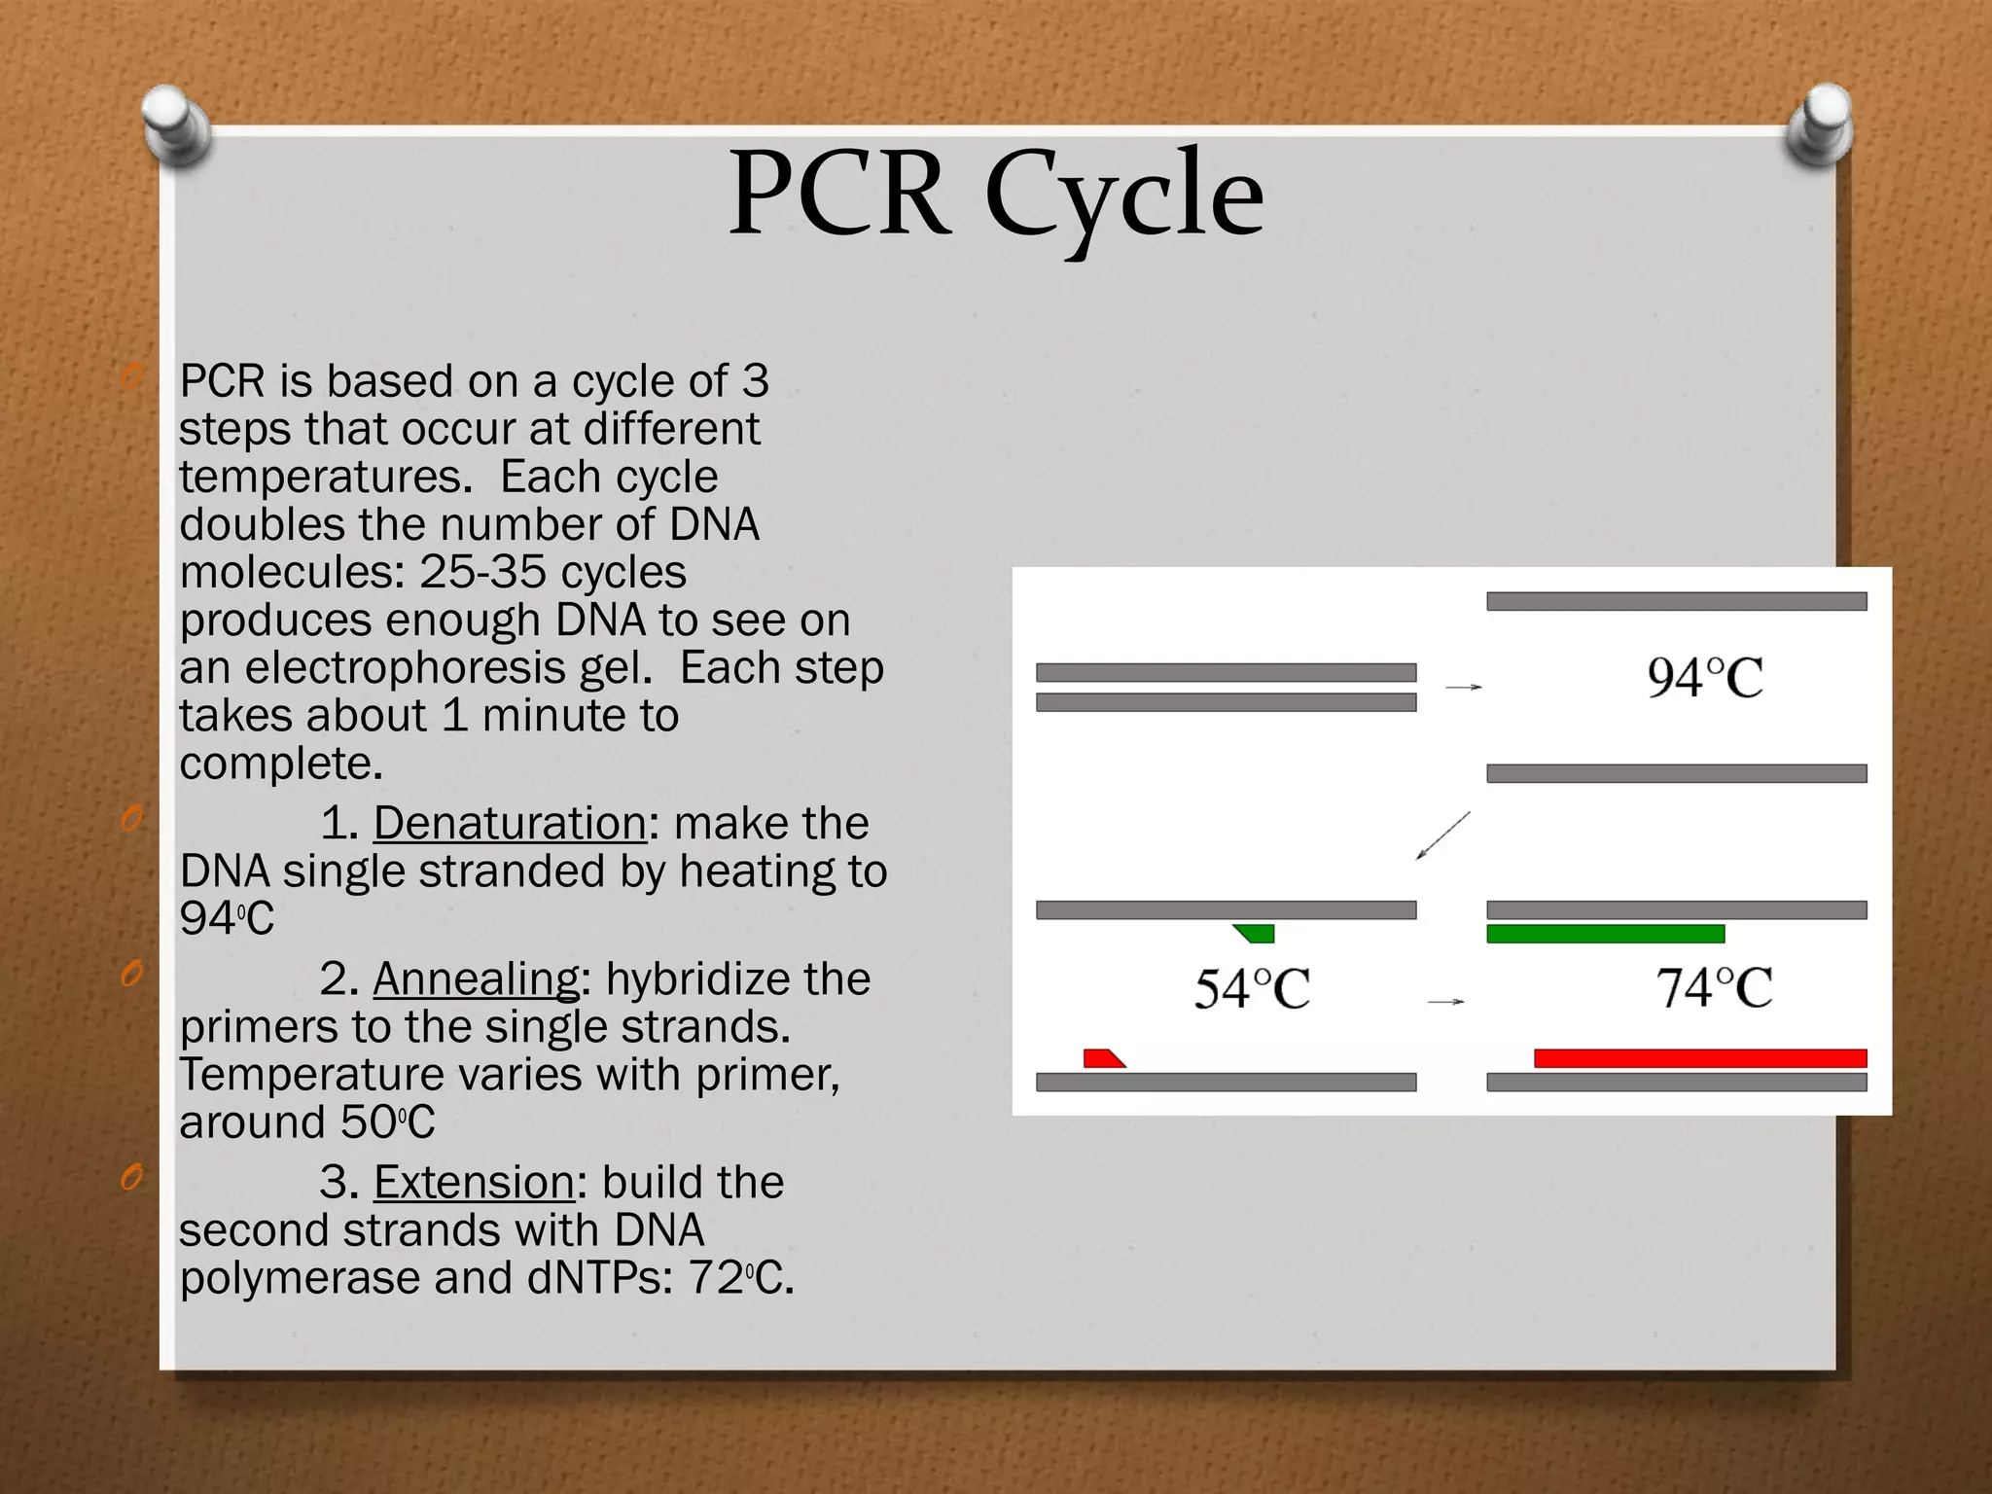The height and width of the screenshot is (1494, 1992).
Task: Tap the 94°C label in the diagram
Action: coord(1704,678)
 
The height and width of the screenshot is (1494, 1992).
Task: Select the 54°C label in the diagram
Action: coord(1252,989)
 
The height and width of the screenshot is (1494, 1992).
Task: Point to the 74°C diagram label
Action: coord(1714,988)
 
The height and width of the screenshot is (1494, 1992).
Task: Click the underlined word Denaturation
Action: coord(510,824)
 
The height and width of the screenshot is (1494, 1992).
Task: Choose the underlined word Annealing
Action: coord(476,979)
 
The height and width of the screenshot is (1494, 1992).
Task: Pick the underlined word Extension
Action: coord(474,1183)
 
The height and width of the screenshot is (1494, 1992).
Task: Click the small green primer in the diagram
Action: coord(1256,934)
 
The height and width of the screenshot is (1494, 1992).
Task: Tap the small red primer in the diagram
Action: coord(1103,1058)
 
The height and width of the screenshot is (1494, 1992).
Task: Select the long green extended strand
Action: coord(1605,934)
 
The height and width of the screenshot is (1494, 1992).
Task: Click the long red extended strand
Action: coord(1700,1058)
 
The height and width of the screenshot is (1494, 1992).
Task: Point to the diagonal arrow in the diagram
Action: coord(1442,836)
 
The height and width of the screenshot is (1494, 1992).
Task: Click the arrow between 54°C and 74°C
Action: coord(1445,1001)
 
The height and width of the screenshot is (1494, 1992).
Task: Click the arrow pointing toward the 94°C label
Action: coord(1463,688)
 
